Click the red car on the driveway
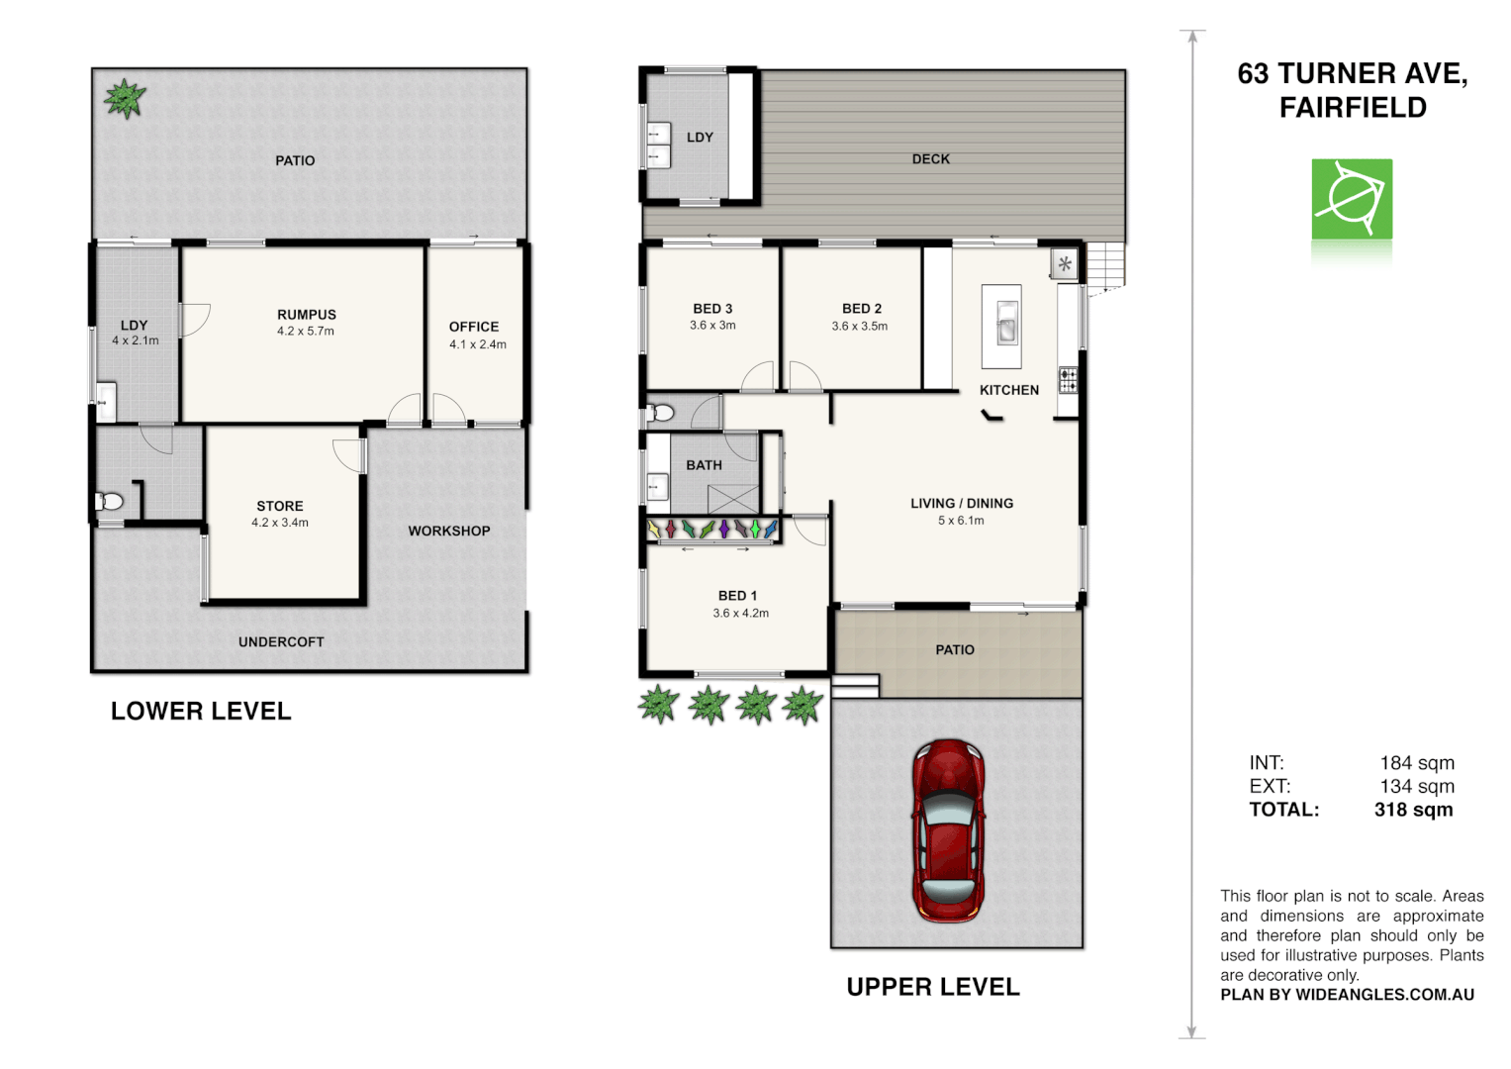948,830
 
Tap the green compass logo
1352,199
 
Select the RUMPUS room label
307,315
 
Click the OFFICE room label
474,327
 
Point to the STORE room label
280,506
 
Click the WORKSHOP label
449,532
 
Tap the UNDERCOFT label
281,642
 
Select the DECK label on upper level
930,159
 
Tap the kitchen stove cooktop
1068,380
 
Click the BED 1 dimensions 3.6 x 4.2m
740,614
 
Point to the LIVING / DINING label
962,504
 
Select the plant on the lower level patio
125,98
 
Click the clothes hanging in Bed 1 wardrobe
712,530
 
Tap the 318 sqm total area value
1413,810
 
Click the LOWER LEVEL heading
201,712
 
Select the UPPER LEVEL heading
932,987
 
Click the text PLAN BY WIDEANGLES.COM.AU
1347,995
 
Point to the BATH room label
704,465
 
